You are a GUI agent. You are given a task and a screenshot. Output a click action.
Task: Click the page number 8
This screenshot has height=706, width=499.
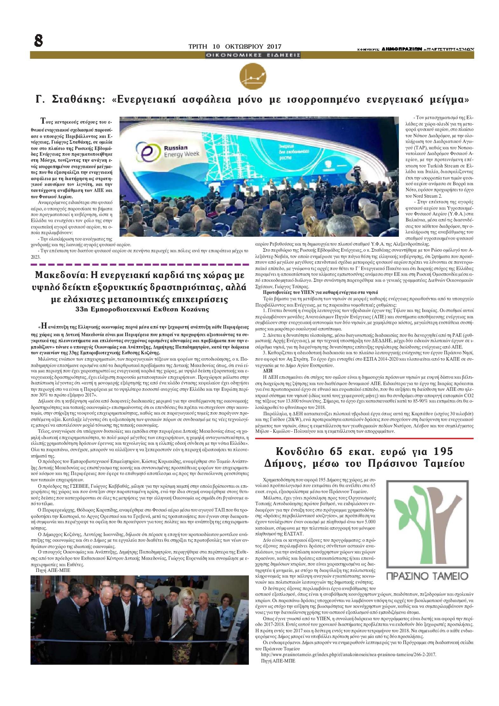click(x=39, y=40)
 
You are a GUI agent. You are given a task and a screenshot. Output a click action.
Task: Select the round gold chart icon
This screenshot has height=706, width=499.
click(x=253, y=77)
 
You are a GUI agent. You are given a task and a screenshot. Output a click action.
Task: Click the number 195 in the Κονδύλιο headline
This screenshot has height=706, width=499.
click(x=441, y=451)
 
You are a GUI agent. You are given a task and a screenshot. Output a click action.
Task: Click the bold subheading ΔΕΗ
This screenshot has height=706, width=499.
click(x=267, y=370)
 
